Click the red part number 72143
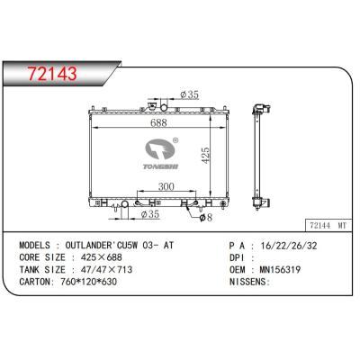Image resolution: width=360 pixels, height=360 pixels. (x=52, y=74)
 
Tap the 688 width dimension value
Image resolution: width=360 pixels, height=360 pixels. (x=158, y=122)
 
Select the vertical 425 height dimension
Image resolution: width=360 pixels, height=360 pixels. (x=205, y=155)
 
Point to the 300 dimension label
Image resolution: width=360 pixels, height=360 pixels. (x=166, y=186)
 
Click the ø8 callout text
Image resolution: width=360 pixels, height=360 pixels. (x=206, y=217)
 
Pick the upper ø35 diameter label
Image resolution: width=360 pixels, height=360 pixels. (x=189, y=94)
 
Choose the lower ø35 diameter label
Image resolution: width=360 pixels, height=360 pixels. (x=150, y=214)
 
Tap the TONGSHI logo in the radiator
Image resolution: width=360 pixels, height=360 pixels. (x=160, y=154)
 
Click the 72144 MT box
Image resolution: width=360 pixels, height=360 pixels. (x=328, y=225)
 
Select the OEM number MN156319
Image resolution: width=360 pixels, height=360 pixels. (x=280, y=270)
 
